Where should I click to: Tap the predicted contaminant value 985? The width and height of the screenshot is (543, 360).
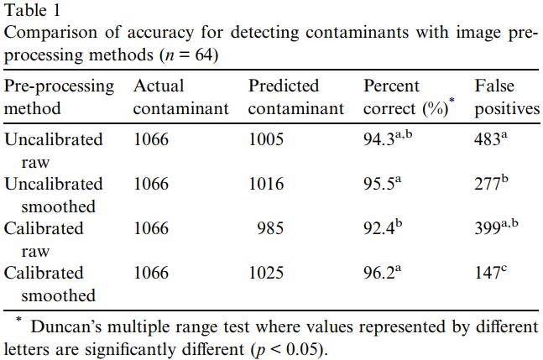click(270, 228)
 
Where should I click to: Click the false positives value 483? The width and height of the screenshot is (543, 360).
click(488, 139)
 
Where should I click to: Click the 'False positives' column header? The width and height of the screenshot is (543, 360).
click(506, 97)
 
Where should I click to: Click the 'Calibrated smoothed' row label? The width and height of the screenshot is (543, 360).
click(54, 284)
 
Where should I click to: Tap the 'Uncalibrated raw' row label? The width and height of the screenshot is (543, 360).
click(54, 150)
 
